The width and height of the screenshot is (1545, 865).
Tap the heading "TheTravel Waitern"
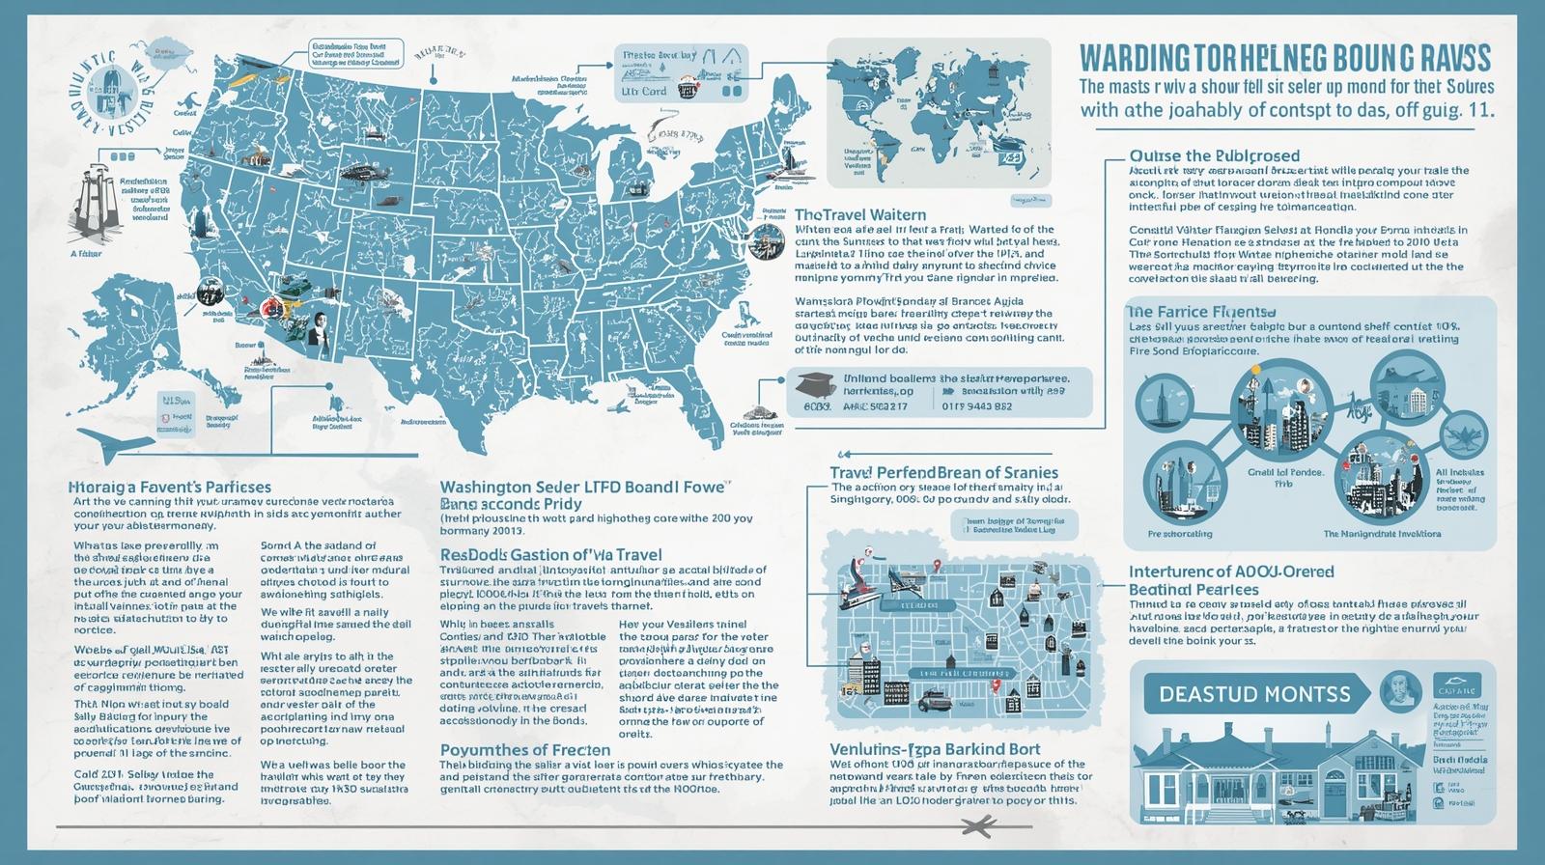pos(858,214)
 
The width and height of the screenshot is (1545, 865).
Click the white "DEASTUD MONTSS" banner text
pos(1254,693)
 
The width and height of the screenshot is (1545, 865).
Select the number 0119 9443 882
pos(976,406)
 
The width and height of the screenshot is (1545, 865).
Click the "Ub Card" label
pos(644,92)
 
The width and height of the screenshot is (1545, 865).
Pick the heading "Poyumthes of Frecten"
pos(524,750)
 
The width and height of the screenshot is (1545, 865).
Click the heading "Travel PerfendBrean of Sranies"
pos(943,473)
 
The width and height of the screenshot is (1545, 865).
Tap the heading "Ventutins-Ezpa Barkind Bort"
pos(935,749)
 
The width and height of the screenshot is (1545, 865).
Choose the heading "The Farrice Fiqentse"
pos(1201,312)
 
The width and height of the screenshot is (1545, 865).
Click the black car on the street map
pos(932,699)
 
